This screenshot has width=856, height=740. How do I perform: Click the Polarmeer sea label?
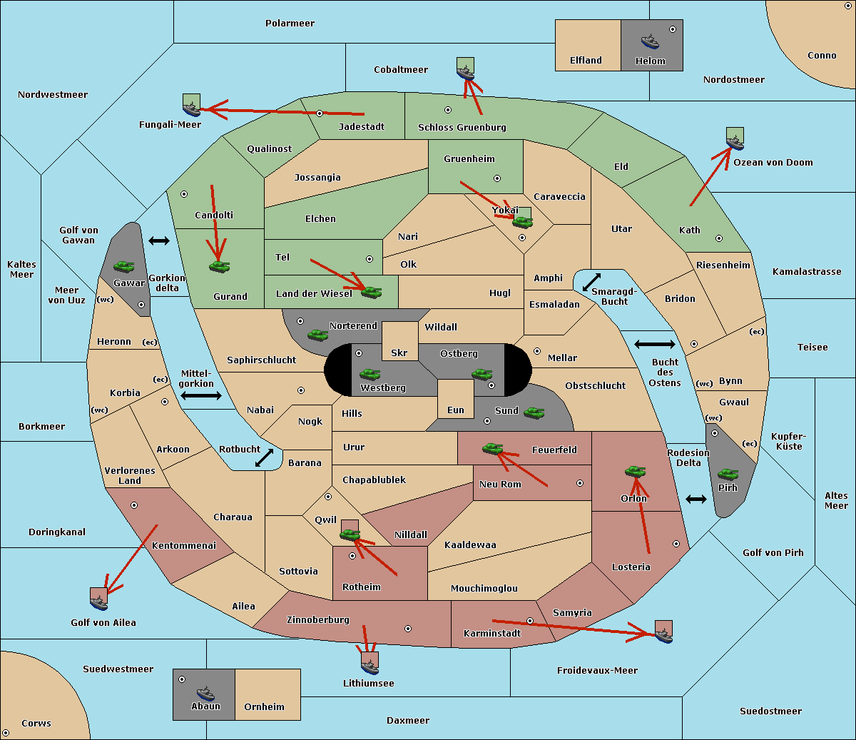point(290,24)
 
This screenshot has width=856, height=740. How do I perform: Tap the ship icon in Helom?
point(650,41)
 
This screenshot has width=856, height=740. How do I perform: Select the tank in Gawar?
point(123,266)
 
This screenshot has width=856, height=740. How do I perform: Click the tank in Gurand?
point(219,266)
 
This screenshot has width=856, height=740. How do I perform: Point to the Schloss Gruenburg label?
point(462,127)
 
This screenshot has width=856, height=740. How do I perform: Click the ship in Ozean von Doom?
point(735,143)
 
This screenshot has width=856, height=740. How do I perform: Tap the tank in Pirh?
point(728,474)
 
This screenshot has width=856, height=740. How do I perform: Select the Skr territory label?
point(399,353)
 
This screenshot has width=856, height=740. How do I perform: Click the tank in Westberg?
point(370,375)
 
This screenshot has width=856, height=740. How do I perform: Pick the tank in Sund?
point(534,412)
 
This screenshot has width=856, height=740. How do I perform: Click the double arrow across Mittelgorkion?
point(201,395)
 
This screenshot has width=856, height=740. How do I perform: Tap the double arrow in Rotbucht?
point(264,458)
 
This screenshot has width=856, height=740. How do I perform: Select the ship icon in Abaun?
point(205,693)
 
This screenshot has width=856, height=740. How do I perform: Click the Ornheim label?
point(264,706)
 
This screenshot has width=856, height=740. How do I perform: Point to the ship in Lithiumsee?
point(370,666)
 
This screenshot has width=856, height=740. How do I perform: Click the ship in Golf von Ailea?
point(98,603)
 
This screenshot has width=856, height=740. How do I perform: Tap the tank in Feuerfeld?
point(492,448)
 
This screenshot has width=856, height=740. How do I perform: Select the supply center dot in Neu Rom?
point(580,483)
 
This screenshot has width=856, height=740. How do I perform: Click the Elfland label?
point(586,61)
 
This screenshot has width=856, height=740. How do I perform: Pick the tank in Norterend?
point(317,335)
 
